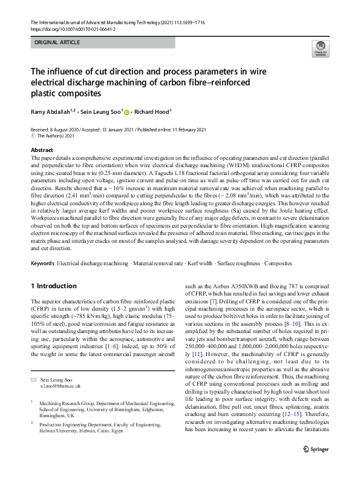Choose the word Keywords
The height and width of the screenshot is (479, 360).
pos(42,264)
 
